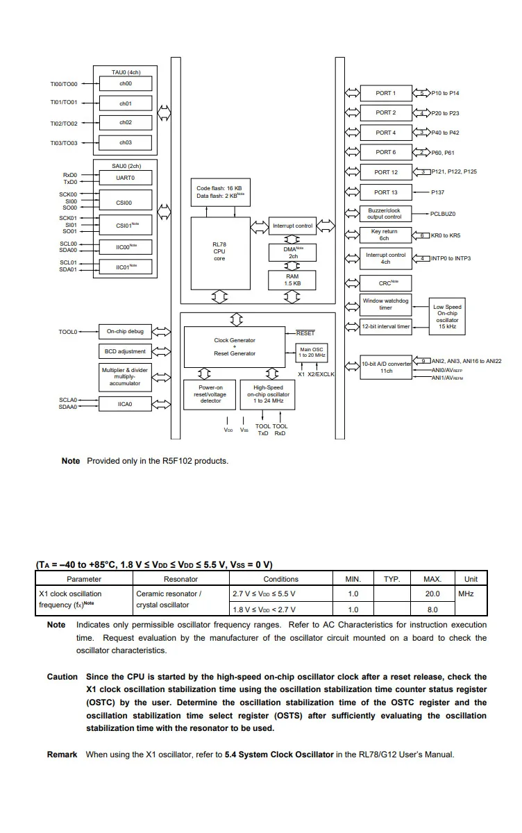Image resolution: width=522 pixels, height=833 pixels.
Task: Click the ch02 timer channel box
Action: (126, 123)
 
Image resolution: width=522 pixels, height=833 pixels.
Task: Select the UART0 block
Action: (126, 178)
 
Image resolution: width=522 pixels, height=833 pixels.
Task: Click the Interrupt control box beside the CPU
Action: (292, 226)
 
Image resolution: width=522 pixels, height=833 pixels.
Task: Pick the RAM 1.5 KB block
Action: (292, 280)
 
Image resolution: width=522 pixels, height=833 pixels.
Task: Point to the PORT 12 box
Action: (385, 172)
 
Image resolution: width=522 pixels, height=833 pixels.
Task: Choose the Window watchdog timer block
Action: (385, 304)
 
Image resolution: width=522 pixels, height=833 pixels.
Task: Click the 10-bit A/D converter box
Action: (385, 367)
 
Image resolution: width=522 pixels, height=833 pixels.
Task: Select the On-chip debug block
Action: (125, 332)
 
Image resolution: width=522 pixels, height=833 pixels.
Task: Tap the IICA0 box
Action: (125, 403)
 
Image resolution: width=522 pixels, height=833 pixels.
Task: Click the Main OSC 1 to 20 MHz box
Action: (312, 352)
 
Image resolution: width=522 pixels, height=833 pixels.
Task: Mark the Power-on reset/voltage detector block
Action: (210, 394)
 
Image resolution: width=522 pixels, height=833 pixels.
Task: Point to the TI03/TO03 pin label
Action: (64, 143)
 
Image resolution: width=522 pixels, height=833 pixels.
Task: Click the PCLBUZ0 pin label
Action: (443, 214)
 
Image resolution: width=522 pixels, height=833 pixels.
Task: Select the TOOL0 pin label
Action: (68, 333)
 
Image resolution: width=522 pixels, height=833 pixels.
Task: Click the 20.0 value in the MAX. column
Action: (432, 594)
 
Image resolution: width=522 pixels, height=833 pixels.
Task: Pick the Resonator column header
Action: (180, 579)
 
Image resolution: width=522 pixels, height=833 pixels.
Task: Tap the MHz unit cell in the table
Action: (466, 594)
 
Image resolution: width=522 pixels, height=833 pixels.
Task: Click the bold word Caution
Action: (62, 677)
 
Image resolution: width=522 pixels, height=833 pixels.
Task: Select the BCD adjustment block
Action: (125, 351)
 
